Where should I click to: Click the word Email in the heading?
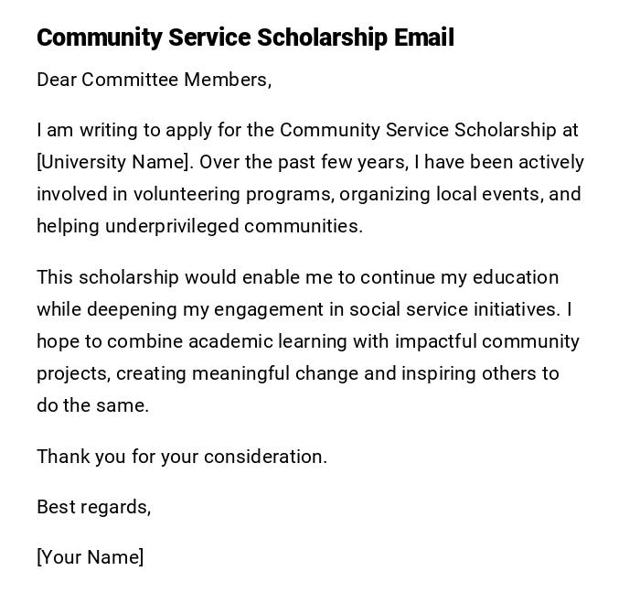click(424, 38)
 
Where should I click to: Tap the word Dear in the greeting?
click(57, 80)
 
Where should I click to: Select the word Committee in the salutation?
click(130, 80)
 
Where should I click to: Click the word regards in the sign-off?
click(117, 507)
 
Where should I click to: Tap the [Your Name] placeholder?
click(90, 557)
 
